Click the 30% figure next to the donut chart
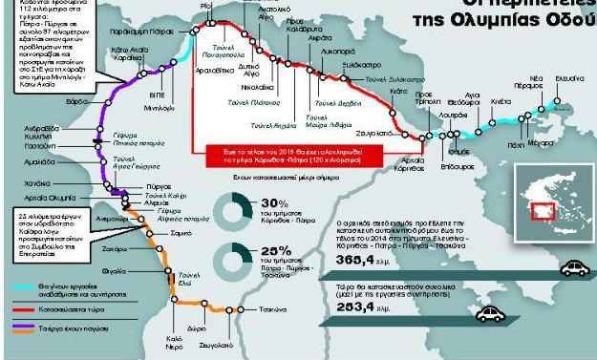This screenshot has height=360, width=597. pos(274,205)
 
